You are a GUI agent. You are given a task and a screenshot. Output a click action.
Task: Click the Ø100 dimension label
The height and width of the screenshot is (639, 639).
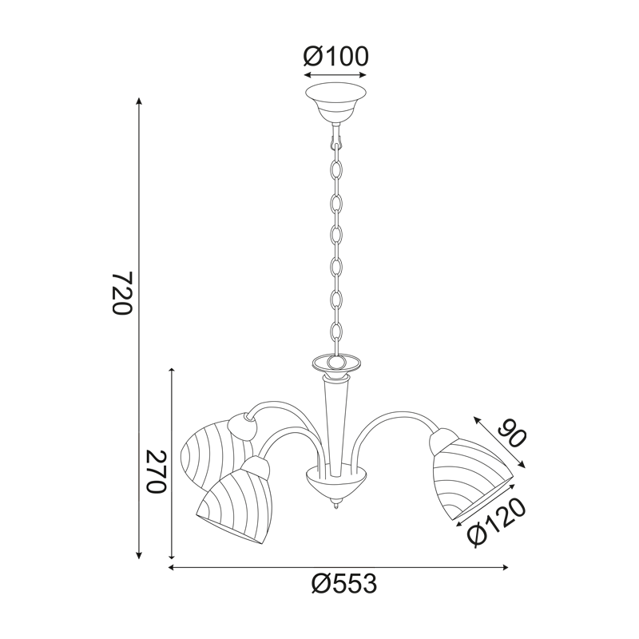coord(335,56)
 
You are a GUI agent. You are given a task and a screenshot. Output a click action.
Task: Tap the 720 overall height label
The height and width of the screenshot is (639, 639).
coord(122,292)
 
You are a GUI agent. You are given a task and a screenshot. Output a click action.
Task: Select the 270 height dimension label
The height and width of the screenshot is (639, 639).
coord(157,471)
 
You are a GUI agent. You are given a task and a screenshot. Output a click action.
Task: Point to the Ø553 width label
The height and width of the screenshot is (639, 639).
coord(344,585)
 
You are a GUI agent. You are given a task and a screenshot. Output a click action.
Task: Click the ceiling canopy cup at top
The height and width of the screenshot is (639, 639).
coord(335,103)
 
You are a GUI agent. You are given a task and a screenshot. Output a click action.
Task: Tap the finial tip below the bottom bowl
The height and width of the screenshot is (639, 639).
coord(335,506)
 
